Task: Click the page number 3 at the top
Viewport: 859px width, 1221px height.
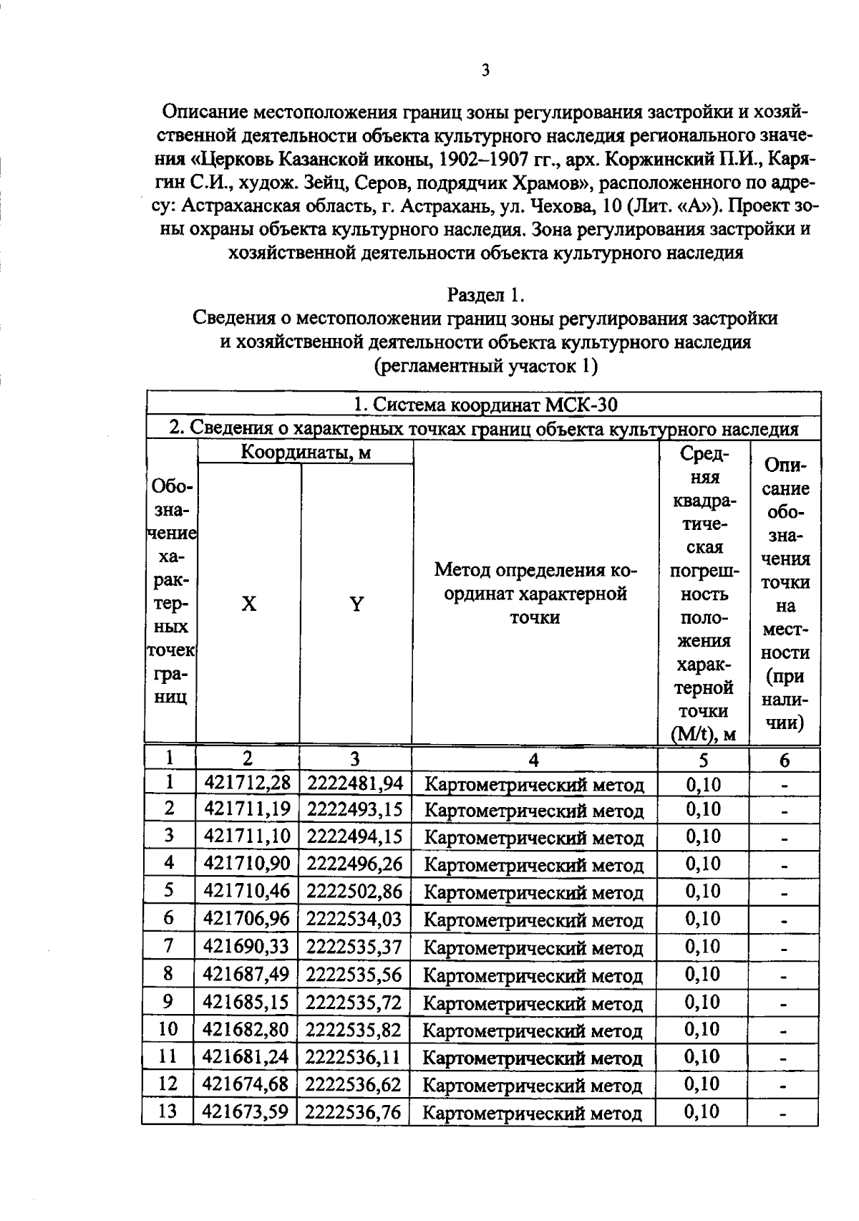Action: coord(485,70)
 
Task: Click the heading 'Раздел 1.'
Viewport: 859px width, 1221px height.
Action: coord(485,294)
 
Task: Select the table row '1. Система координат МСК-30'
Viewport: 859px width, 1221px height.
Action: coord(485,405)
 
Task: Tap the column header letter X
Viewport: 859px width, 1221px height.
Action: coord(248,604)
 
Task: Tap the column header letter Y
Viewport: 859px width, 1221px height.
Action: coord(356,604)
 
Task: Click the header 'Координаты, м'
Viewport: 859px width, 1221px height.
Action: coord(306,453)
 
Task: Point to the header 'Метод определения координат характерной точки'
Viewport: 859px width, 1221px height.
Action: coord(535,594)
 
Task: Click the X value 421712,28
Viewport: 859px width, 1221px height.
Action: coord(248,783)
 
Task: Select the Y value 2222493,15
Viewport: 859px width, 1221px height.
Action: coord(355,810)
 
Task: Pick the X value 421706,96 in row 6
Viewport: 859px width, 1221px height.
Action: coord(247,918)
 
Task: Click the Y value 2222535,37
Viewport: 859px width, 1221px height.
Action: coord(354,947)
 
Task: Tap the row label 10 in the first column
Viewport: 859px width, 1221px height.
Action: coord(168,1029)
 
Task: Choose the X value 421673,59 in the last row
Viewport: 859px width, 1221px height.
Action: coord(246,1112)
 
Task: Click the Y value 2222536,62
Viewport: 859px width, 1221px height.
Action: coord(354,1085)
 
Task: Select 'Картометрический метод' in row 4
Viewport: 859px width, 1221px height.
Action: coord(534,866)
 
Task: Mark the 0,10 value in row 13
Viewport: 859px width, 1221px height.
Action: coord(702,1111)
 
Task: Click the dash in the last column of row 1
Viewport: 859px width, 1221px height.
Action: coord(785,786)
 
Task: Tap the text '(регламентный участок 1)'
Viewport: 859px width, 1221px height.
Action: coord(485,366)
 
